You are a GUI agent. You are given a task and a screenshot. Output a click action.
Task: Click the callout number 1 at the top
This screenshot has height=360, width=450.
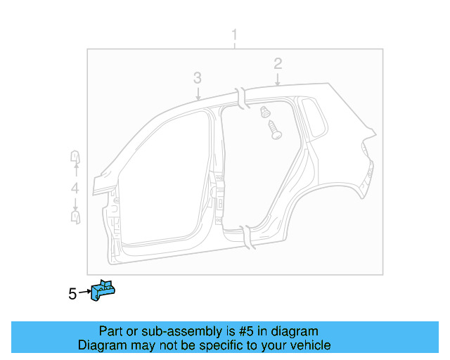[235, 35]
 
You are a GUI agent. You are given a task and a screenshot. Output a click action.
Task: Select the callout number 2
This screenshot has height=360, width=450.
[278, 63]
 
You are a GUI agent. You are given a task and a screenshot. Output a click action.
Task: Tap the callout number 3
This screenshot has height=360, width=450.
[198, 77]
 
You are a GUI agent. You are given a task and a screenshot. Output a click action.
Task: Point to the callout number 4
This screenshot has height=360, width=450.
[75, 188]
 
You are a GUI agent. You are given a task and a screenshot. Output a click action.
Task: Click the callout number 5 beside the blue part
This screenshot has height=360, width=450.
[72, 294]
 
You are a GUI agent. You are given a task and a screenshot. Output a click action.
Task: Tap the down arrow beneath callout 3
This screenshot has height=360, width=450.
[198, 92]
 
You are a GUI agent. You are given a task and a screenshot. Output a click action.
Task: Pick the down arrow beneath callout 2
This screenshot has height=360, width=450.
[278, 79]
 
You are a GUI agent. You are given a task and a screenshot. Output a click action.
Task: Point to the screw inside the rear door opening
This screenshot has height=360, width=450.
[274, 130]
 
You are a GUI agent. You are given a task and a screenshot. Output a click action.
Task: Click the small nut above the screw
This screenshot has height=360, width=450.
[266, 111]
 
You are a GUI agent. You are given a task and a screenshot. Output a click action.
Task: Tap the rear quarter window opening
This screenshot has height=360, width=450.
[314, 115]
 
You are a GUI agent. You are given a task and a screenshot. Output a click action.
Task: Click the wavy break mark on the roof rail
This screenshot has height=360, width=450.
[241, 98]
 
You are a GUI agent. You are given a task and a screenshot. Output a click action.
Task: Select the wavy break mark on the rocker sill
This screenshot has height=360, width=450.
[247, 235]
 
